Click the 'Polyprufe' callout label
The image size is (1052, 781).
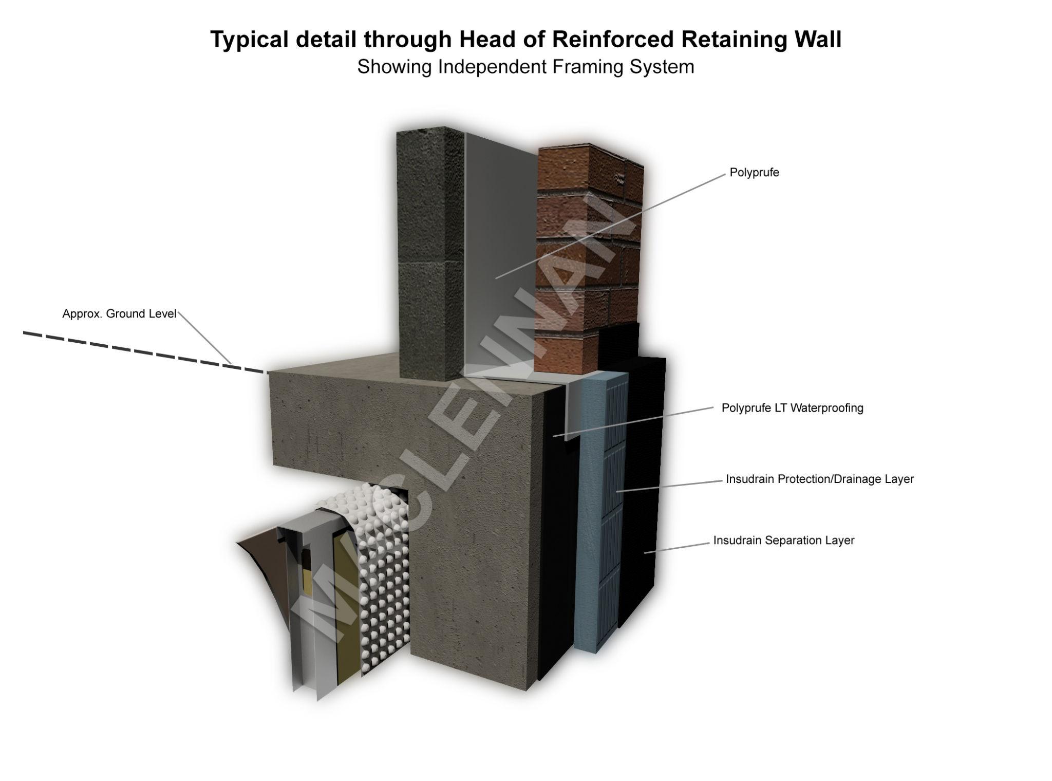pos(754,173)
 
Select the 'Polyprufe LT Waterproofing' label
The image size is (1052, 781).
pos(792,408)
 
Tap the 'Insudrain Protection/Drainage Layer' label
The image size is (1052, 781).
pos(819,479)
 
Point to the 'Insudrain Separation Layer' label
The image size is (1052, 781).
pos(783,541)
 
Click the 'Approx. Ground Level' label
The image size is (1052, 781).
pos(119,314)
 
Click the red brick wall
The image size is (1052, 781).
pos(586,257)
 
